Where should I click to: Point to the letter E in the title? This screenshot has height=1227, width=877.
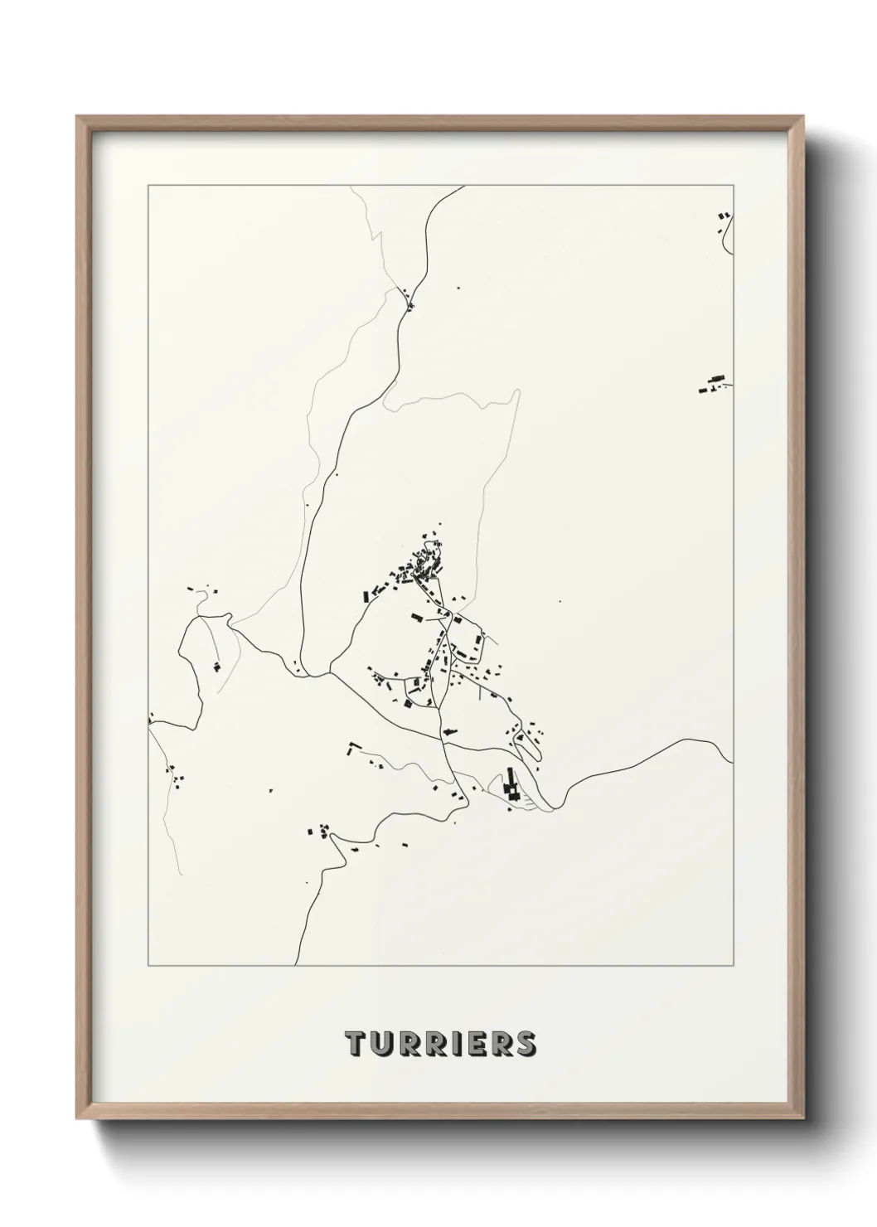pyautogui.click(x=474, y=1044)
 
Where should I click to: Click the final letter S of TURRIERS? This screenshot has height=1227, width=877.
pyautogui.click(x=526, y=1044)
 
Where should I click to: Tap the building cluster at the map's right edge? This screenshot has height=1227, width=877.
pyautogui.click(x=713, y=384)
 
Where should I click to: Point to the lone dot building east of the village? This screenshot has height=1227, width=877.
pyautogui.click(x=560, y=602)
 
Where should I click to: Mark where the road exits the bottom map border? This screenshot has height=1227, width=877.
pyautogui.click(x=298, y=965)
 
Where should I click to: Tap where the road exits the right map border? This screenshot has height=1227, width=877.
pyautogui.click(x=732, y=760)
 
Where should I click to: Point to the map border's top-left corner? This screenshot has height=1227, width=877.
pyautogui.click(x=148, y=186)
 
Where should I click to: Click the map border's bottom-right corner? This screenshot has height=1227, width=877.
pyautogui.click(x=733, y=966)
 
